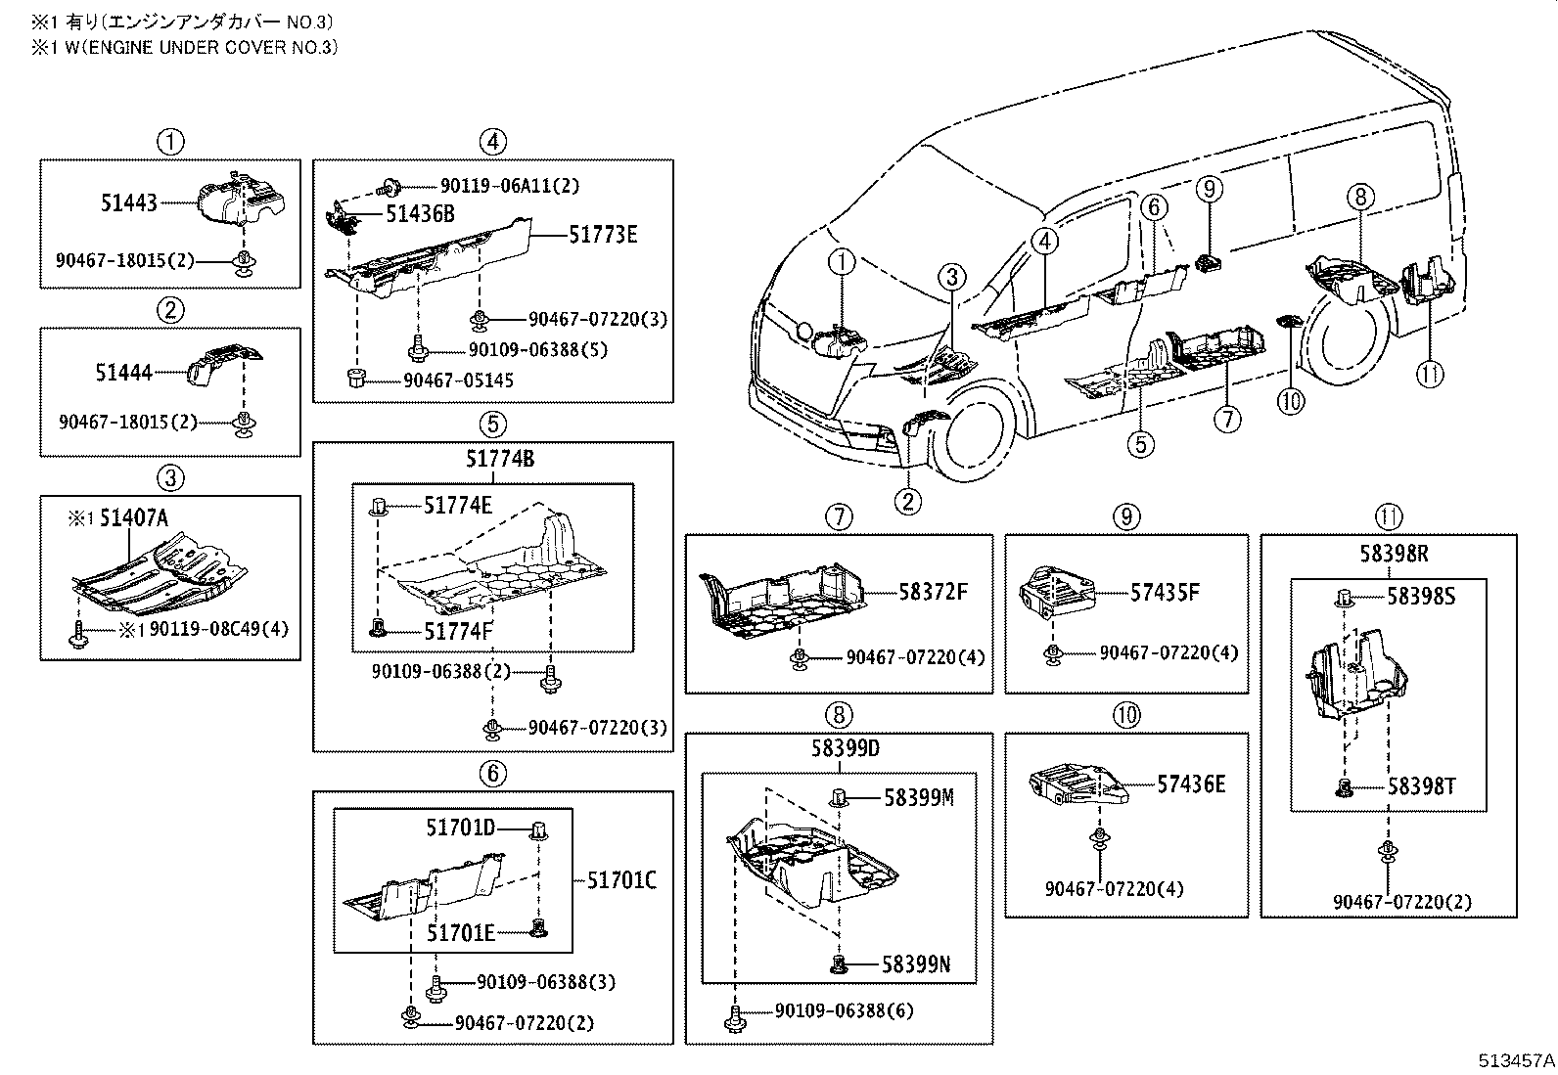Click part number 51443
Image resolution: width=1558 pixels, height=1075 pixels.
(x=128, y=202)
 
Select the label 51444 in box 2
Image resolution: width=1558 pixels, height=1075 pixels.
(x=123, y=372)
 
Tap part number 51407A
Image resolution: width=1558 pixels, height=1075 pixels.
(x=132, y=518)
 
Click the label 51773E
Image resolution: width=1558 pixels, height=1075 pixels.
(x=603, y=235)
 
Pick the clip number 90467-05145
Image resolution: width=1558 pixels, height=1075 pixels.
(x=458, y=380)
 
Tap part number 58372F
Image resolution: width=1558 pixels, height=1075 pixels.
(x=934, y=591)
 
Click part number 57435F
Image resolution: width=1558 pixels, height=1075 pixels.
(x=1164, y=592)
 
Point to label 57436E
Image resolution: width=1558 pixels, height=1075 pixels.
(x=1191, y=784)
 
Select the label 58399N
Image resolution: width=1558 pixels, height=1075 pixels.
(x=915, y=964)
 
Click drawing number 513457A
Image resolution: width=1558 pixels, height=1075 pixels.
(x=1516, y=1058)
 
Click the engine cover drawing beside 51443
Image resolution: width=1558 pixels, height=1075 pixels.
(x=240, y=203)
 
